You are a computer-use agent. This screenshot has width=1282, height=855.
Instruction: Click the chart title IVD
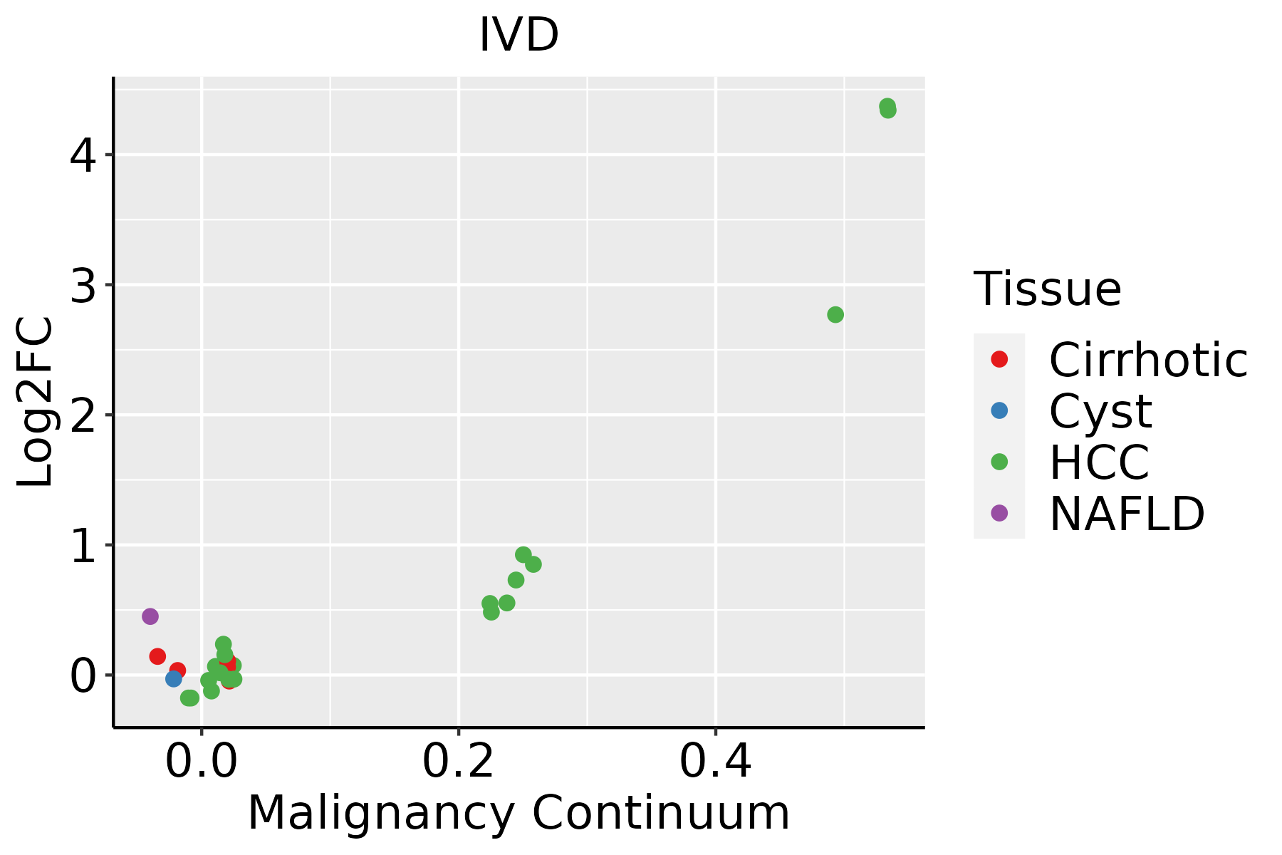pyautogui.click(x=518, y=35)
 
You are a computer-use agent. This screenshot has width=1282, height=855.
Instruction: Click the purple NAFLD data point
pyautogui.click(x=150, y=616)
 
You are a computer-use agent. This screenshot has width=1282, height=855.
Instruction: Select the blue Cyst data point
pyautogui.click(x=174, y=679)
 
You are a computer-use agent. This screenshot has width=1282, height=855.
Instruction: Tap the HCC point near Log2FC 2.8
pyautogui.click(x=835, y=315)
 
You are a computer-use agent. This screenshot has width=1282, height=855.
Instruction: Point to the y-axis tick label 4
pyautogui.click(x=83, y=155)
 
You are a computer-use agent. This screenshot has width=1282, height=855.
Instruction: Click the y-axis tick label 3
pyautogui.click(x=83, y=286)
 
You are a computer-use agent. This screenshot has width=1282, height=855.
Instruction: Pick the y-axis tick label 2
pyautogui.click(x=83, y=415)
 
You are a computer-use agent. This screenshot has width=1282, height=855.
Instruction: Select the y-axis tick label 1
pyautogui.click(x=83, y=546)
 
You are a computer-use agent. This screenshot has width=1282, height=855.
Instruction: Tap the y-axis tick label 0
pyautogui.click(x=83, y=676)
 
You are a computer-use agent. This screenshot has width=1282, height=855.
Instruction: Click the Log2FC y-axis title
pyautogui.click(x=36, y=402)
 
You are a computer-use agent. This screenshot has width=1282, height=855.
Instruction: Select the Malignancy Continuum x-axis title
pyautogui.click(x=518, y=813)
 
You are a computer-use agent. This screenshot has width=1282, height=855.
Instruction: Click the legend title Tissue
pyautogui.click(x=1047, y=289)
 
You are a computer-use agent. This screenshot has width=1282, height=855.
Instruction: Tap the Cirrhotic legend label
pyautogui.click(x=1148, y=360)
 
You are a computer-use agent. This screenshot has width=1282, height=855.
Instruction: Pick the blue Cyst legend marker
pyautogui.click(x=999, y=410)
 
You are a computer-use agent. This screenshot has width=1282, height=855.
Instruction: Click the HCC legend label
pyautogui.click(x=1099, y=462)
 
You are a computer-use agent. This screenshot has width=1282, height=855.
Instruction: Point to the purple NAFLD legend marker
pyautogui.click(x=999, y=513)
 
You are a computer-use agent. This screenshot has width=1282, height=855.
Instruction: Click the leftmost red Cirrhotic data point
pyautogui.click(x=157, y=656)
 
